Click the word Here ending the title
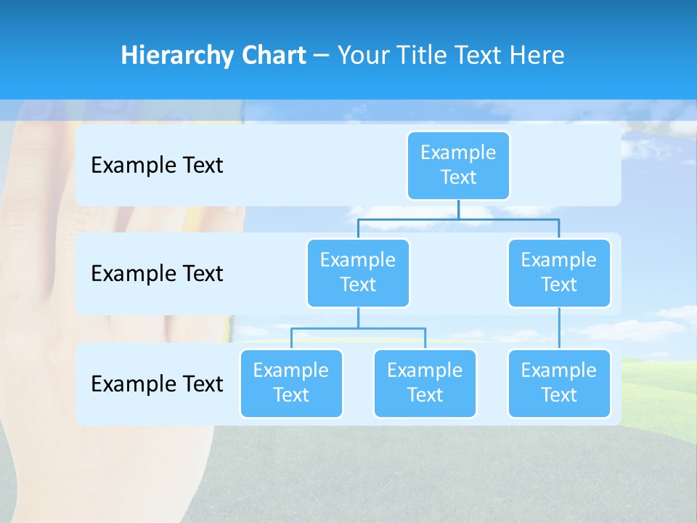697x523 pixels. click(537, 56)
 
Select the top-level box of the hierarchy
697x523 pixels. click(458, 165)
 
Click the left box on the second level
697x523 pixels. click(358, 272)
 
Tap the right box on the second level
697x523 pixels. click(559, 272)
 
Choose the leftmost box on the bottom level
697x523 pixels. click(291, 383)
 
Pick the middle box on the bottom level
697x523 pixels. click(425, 383)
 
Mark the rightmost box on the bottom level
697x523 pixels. click(559, 383)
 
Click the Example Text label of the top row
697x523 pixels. click(157, 166)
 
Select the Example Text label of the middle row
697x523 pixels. click(157, 274)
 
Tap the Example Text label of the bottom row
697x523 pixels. click(157, 384)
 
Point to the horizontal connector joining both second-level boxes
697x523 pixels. click(508, 219)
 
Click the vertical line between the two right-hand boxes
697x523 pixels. click(559, 328)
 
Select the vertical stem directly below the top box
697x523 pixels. click(458, 209)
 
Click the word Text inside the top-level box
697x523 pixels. click(458, 177)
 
